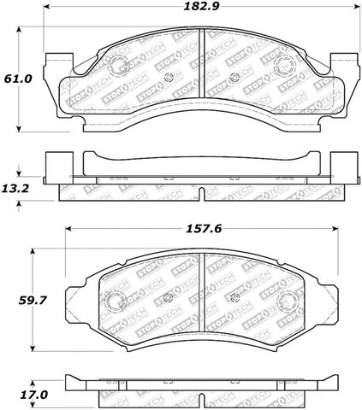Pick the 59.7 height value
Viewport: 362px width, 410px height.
pos(20,301)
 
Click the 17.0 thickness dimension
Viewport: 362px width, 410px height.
pos(20,395)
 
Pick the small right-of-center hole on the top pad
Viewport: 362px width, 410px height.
pos(233,80)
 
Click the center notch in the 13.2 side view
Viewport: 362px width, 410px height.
pos(200,193)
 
